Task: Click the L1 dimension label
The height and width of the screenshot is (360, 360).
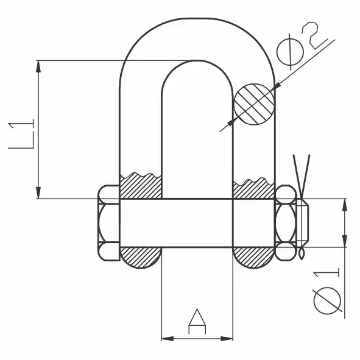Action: click(x=21, y=134)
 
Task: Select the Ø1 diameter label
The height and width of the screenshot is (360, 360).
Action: click(x=327, y=293)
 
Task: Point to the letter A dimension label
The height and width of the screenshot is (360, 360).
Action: click(x=197, y=322)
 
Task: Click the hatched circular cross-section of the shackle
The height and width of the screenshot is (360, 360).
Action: click(x=254, y=104)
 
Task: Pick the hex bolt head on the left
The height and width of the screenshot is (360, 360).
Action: click(x=109, y=223)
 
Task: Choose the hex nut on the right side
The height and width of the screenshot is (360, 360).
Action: click(x=286, y=223)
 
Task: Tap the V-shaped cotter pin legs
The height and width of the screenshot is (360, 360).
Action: click(x=302, y=174)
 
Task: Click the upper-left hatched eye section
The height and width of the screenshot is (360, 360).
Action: click(x=141, y=186)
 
